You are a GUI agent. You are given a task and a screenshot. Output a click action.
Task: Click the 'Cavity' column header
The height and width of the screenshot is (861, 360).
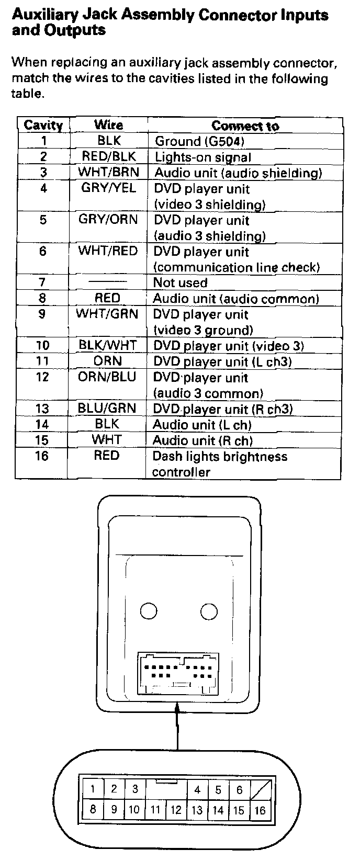(x=43, y=126)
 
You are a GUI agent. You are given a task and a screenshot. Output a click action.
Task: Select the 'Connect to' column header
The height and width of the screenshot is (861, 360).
(x=245, y=126)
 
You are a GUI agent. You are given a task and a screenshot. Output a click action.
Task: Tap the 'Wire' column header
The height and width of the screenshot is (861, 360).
(x=108, y=125)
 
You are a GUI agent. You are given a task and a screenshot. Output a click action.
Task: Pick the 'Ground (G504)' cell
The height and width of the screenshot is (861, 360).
(x=199, y=141)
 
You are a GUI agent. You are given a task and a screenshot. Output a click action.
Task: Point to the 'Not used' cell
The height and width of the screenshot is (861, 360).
(x=180, y=283)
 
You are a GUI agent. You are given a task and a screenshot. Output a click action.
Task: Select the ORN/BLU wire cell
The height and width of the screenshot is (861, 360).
(x=107, y=377)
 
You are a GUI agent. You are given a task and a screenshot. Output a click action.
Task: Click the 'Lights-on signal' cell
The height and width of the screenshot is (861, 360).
(x=203, y=157)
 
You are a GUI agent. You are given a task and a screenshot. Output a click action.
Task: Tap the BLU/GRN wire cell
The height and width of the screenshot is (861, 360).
(x=107, y=409)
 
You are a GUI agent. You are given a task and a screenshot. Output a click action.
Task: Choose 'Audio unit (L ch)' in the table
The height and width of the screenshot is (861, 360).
(x=202, y=425)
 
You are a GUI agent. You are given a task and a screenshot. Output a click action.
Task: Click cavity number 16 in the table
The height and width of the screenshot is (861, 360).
(x=42, y=456)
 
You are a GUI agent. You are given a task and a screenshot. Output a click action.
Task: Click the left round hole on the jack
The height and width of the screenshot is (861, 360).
(x=149, y=611)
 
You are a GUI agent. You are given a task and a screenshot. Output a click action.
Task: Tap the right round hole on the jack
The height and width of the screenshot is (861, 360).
(x=209, y=611)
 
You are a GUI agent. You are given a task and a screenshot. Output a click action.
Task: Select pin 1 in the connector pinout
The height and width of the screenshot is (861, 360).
(x=93, y=789)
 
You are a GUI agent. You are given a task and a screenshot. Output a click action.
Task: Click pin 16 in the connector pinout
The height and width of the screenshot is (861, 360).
(x=260, y=811)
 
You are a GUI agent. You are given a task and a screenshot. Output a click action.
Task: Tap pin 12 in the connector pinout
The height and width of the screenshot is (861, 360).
(x=176, y=811)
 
